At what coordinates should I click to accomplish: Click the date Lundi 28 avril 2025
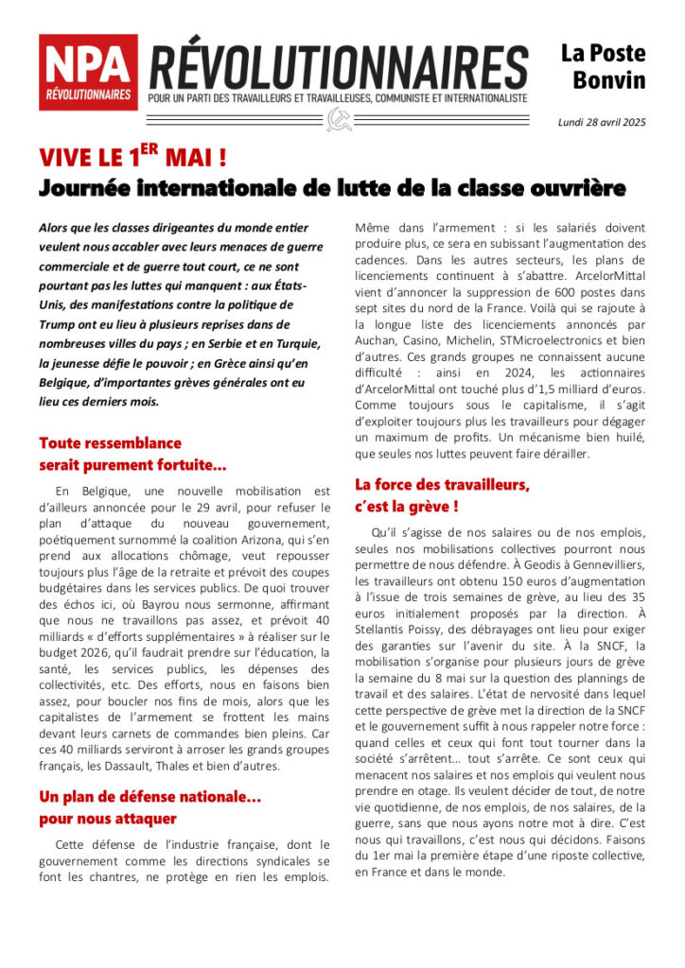point(601,122)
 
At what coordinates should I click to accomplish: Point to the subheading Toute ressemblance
point(110,442)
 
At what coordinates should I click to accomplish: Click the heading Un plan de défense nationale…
point(149,797)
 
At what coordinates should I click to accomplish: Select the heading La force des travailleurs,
point(442,485)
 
